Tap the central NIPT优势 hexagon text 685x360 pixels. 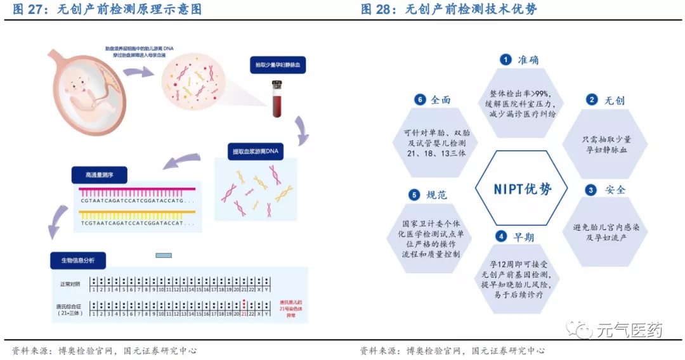click(x=523, y=189)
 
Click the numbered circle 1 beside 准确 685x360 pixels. click(x=506, y=60)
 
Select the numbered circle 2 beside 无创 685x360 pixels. click(x=591, y=100)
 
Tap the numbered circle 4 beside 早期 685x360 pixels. click(x=501, y=236)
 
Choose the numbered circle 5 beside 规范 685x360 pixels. click(x=414, y=195)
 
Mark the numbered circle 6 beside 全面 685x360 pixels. click(x=419, y=100)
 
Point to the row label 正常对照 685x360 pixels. click(x=71, y=283)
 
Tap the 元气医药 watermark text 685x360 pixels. click(x=629, y=330)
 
